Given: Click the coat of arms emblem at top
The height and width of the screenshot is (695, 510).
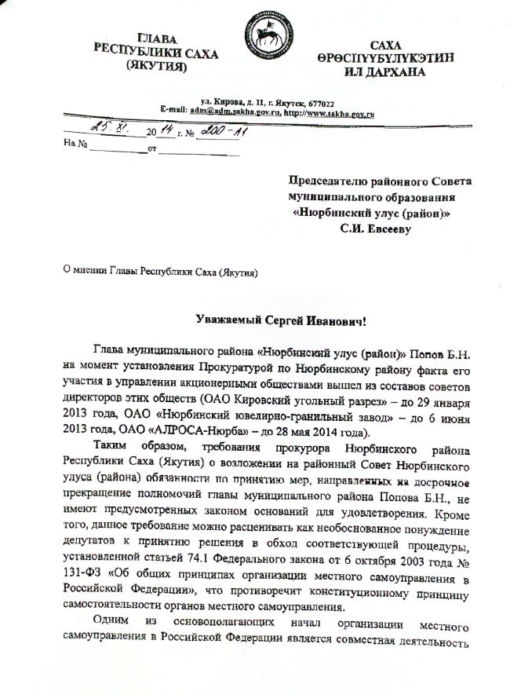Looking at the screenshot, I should (263, 37).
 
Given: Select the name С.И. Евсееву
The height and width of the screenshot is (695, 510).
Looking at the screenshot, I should (386, 229).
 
